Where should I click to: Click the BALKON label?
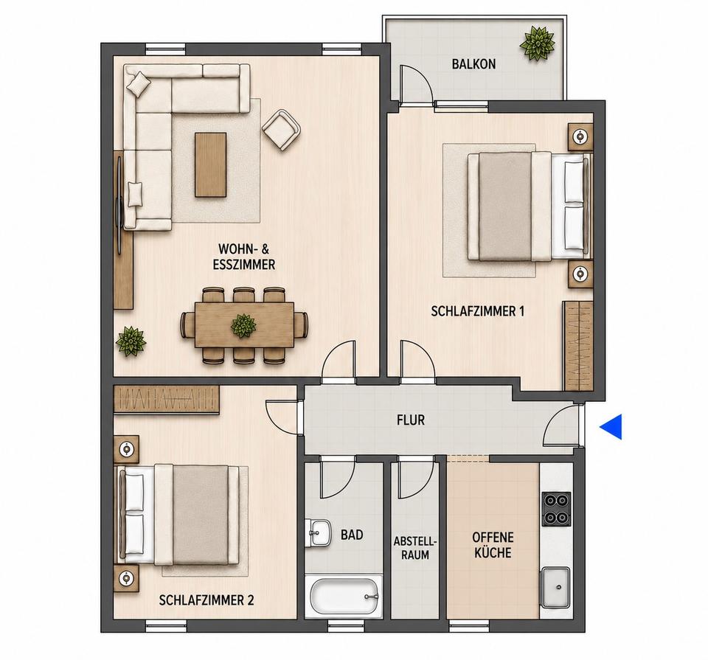pyautogui.click(x=473, y=64)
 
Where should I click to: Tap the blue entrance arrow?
pyautogui.click(x=613, y=426)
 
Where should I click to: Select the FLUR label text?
pyautogui.click(x=411, y=420)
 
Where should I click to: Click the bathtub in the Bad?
pyautogui.click(x=343, y=597)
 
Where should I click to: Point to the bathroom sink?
pyautogui.click(x=318, y=532)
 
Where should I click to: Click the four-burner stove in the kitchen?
pyautogui.click(x=556, y=509)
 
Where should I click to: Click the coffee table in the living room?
pyautogui.click(x=210, y=164)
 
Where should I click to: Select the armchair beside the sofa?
pyautogui.click(x=282, y=129)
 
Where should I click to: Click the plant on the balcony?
pyautogui.click(x=538, y=44)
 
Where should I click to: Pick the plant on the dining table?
pyautogui.click(x=243, y=325)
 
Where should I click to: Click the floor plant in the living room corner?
pyautogui.click(x=131, y=341)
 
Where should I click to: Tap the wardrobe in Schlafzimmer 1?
pyautogui.click(x=577, y=345)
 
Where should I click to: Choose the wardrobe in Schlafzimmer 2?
pyautogui.click(x=167, y=399)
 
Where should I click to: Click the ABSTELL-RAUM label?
pyautogui.click(x=415, y=548)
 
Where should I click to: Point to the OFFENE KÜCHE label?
pyautogui.click(x=493, y=545)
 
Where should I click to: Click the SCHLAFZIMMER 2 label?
pyautogui.click(x=206, y=600)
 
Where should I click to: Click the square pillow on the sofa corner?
pyautogui.click(x=139, y=84)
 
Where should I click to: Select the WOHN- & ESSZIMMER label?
pyautogui.click(x=244, y=257)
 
